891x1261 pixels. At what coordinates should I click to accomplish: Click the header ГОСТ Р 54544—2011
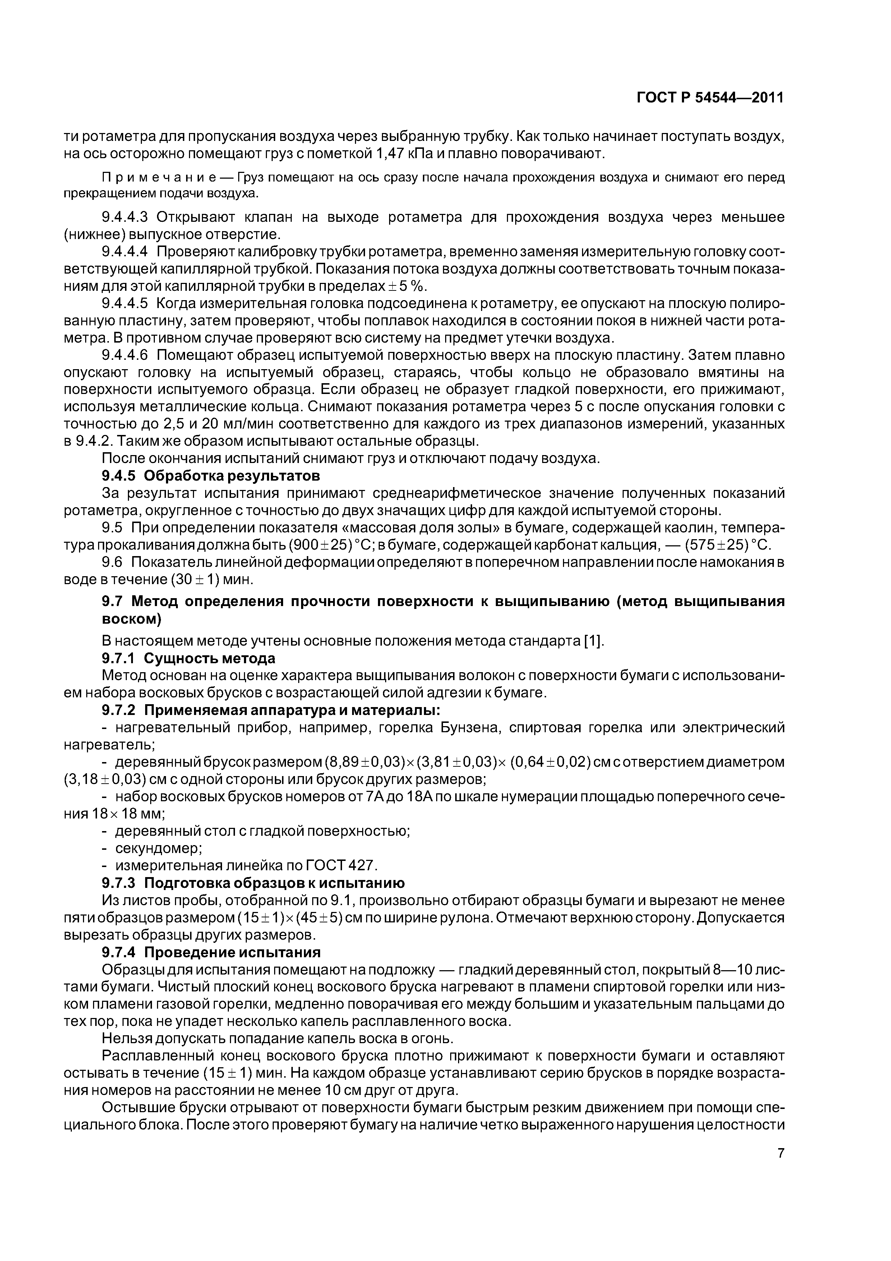coord(710,98)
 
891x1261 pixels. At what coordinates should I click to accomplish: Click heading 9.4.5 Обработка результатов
coord(211,475)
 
